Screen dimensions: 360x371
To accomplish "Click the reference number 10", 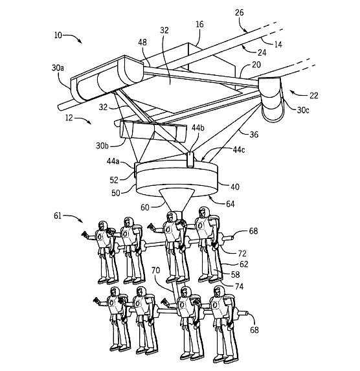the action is pyautogui.click(x=58, y=35).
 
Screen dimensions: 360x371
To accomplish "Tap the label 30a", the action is pyautogui.click(x=58, y=68).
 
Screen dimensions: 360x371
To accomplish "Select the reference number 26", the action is pyautogui.click(x=240, y=12).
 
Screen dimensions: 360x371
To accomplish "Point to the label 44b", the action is pyautogui.click(x=198, y=128).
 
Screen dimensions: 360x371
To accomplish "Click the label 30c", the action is pyautogui.click(x=303, y=110).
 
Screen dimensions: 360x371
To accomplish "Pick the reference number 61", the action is pyautogui.click(x=58, y=216).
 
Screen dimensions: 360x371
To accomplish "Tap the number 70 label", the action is pyautogui.click(x=155, y=270).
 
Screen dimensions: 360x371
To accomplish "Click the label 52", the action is pyautogui.click(x=114, y=180).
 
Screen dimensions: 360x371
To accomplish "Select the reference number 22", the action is pyautogui.click(x=314, y=96).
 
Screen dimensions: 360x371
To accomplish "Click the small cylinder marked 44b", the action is pyautogui.click(x=190, y=160).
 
